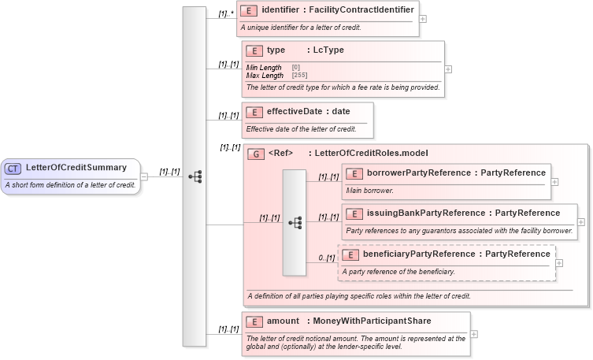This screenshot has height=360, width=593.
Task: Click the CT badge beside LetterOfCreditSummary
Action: point(13,168)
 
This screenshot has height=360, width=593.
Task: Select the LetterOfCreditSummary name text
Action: point(76,168)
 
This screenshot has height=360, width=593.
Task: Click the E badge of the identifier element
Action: point(250,10)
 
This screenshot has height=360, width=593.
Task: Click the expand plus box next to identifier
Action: point(424,18)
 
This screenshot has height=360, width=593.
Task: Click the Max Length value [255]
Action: point(299,76)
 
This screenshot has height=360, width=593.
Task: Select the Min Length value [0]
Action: point(295,68)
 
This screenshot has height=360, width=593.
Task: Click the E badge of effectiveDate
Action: point(254,112)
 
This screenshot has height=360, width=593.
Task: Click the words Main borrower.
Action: point(369,190)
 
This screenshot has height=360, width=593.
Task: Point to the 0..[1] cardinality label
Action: point(325,258)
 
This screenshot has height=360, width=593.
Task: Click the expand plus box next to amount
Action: point(473,334)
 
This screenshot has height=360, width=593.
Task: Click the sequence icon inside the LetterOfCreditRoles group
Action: point(295,223)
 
